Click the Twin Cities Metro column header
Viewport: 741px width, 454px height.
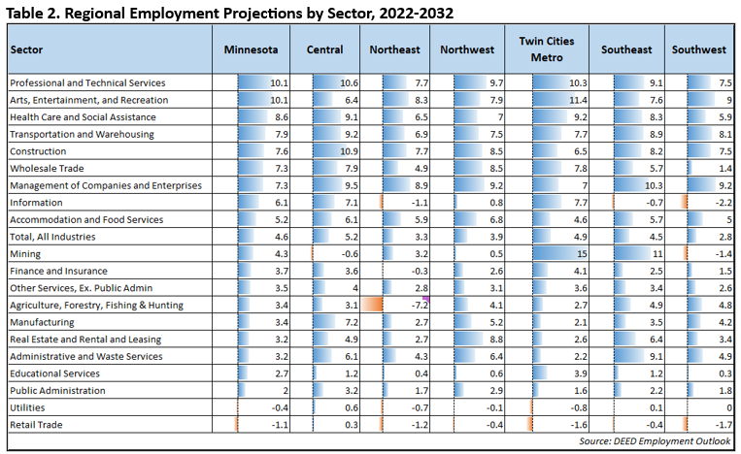coord(547,49)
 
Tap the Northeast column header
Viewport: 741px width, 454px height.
coord(395,49)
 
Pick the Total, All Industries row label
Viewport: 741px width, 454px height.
coord(52,237)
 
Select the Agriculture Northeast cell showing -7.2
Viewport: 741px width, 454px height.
coord(419,305)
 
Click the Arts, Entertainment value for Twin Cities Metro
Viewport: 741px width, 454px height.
coord(577,100)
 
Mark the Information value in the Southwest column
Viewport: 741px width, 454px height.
coord(720,203)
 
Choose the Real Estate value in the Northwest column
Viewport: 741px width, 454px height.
coord(495,340)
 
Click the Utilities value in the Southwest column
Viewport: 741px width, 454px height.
coord(726,407)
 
